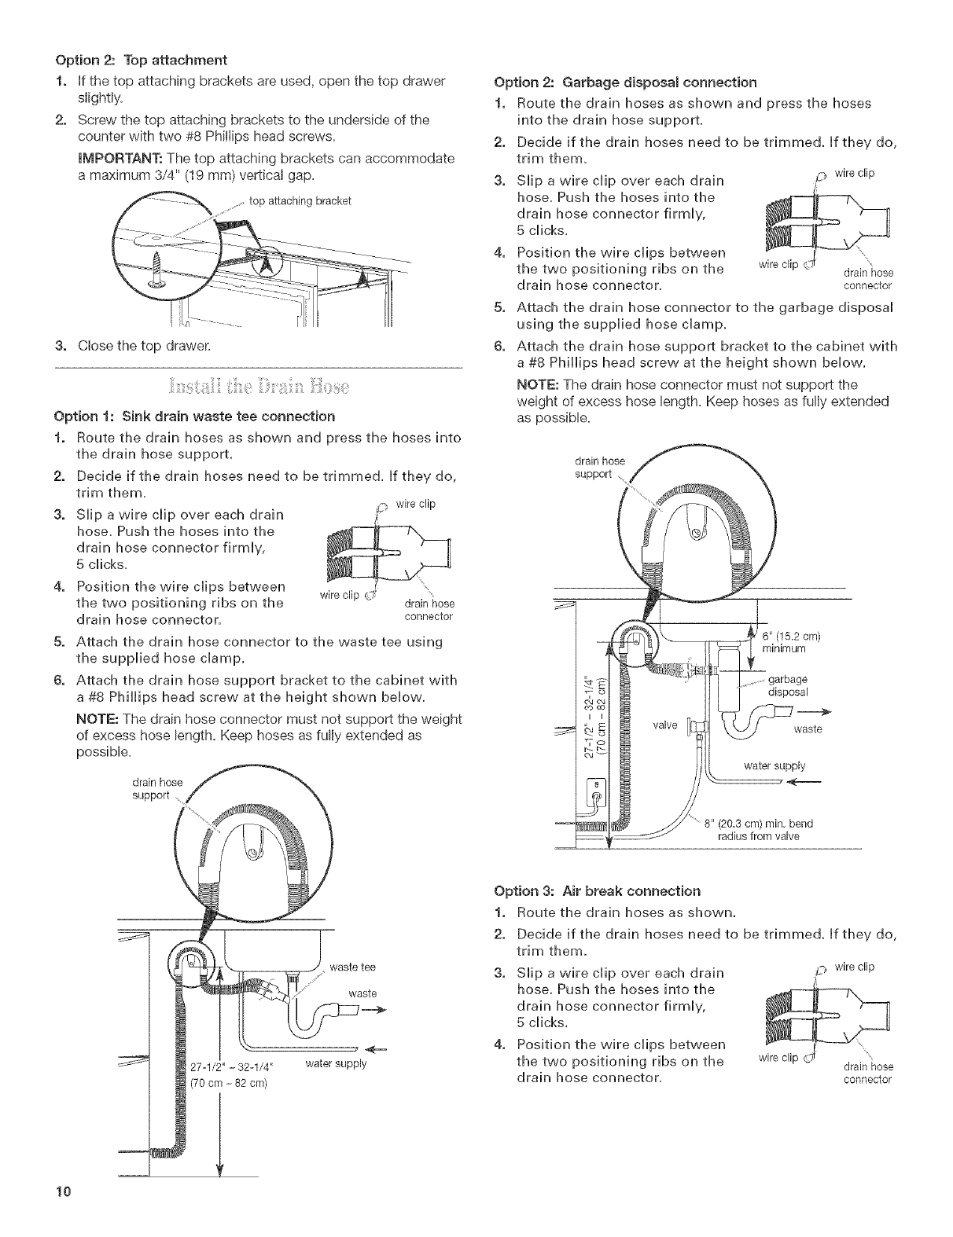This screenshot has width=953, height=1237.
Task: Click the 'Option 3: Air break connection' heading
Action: [608, 891]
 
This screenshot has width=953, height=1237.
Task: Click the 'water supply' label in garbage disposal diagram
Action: [774, 765]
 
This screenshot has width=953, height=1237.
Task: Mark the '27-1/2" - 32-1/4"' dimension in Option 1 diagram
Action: [237, 1067]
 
